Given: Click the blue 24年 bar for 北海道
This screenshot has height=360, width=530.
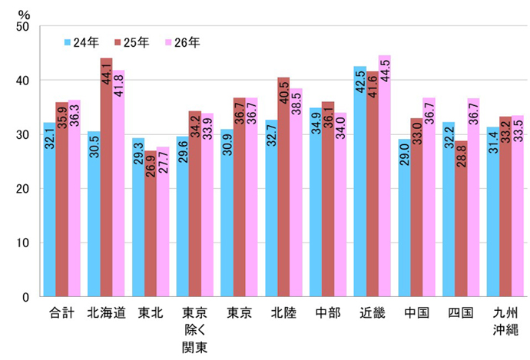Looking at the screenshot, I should (94, 214).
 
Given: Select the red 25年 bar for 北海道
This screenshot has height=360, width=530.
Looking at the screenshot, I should (106, 177).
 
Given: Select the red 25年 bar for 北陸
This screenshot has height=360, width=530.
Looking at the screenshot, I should (283, 187).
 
